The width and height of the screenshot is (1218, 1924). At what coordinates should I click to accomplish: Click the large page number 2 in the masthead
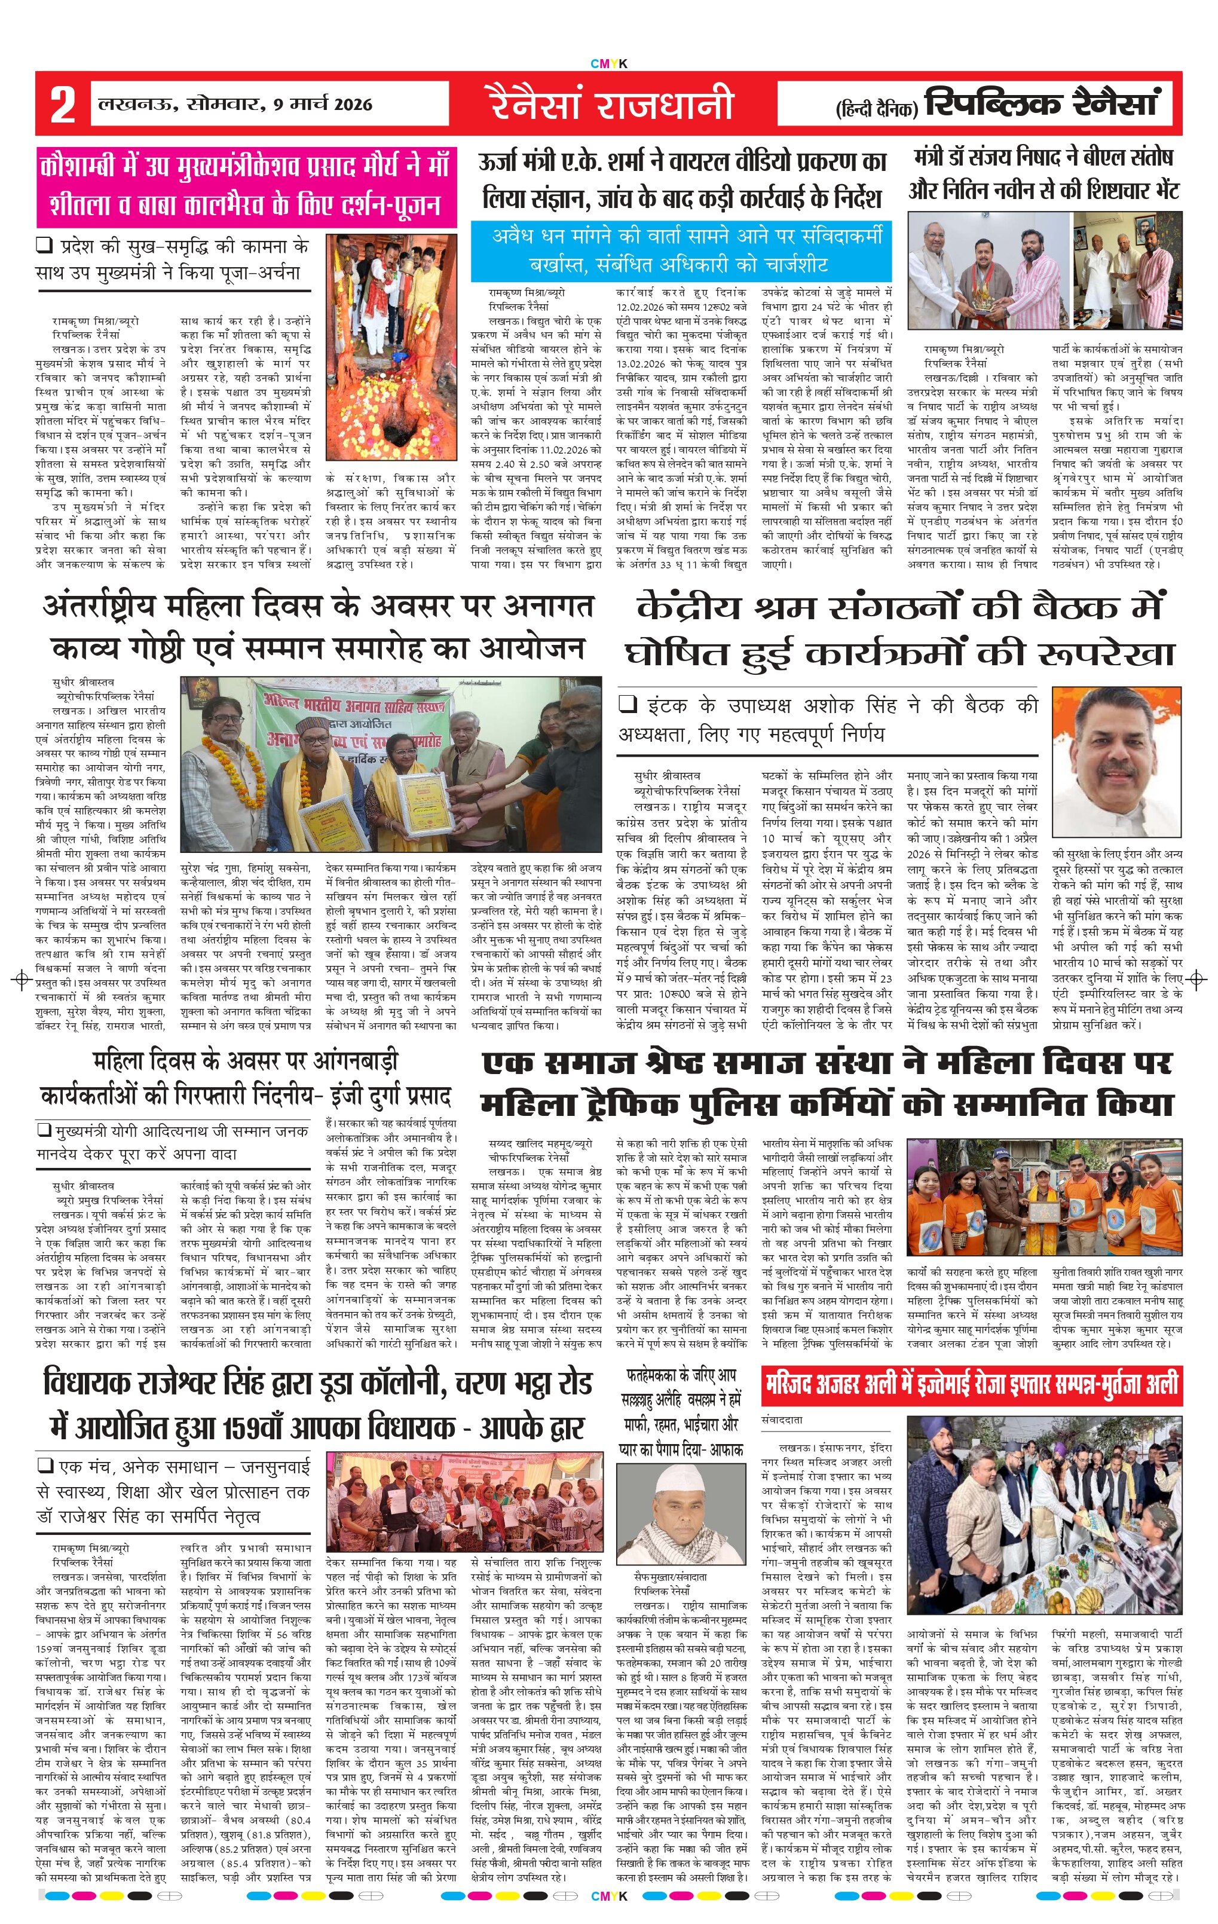point(62,104)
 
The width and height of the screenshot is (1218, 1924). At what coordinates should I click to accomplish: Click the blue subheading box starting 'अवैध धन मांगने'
point(681,249)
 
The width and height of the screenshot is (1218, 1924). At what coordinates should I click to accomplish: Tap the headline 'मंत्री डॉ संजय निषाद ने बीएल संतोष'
point(1043,157)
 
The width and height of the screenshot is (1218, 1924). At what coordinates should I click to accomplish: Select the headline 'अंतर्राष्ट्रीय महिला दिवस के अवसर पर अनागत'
point(318,605)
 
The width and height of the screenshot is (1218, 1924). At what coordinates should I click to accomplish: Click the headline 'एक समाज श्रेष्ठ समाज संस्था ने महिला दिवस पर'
point(827,1063)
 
